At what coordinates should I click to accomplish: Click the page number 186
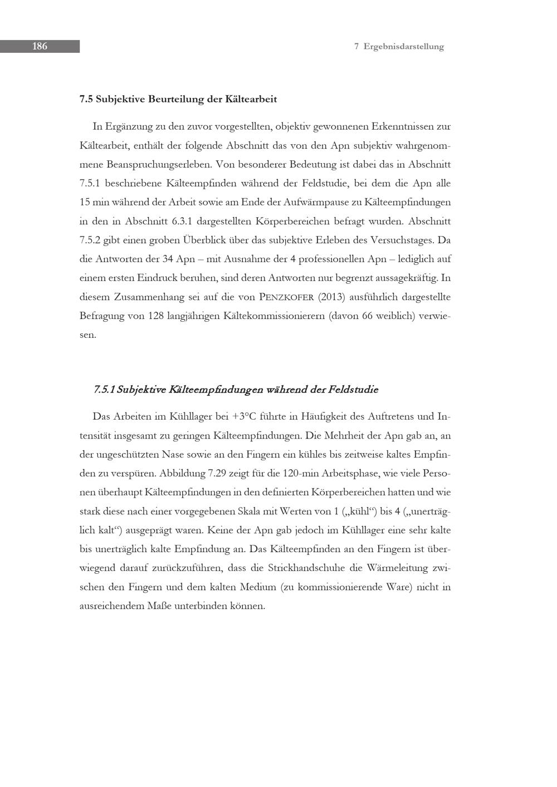pos(40,46)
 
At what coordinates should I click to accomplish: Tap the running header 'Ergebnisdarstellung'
pos(403,47)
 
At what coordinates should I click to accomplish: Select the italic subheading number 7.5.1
pos(105,390)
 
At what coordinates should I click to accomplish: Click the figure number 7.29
pos(218,474)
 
